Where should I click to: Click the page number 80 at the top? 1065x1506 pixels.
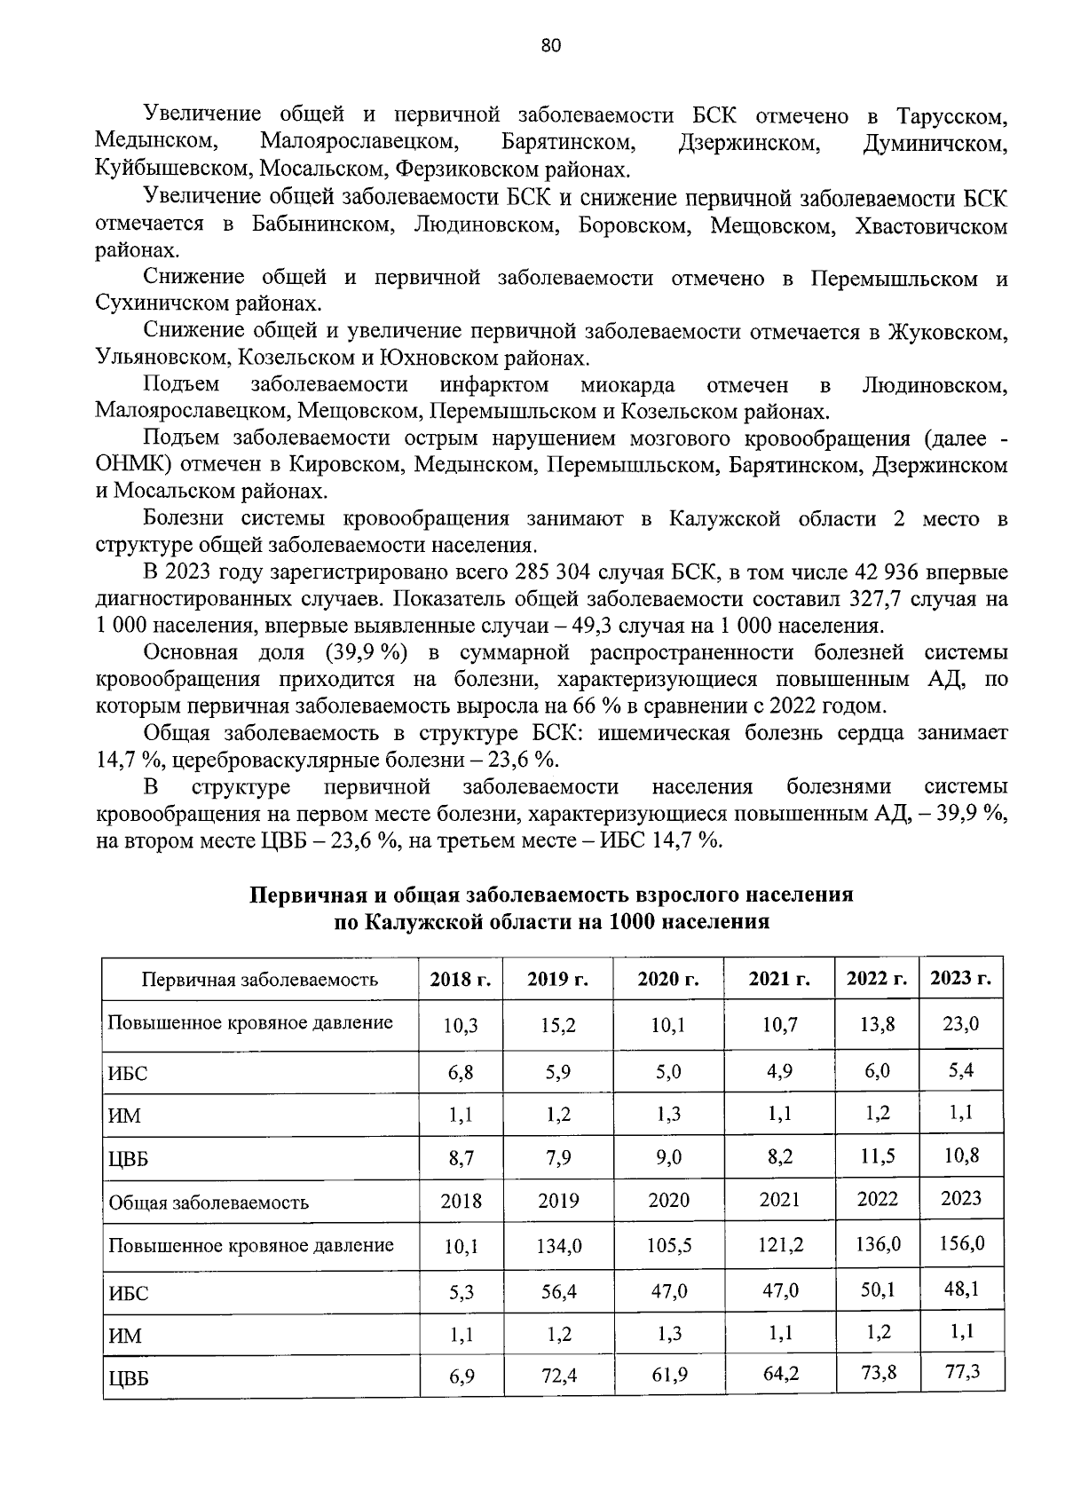(x=550, y=46)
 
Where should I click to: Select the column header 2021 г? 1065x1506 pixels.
(x=779, y=979)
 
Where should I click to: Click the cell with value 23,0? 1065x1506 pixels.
(x=960, y=1023)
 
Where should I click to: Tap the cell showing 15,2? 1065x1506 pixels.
(x=558, y=1025)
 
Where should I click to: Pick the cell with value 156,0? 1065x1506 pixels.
(x=961, y=1243)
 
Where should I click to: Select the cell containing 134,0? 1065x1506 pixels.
(x=558, y=1246)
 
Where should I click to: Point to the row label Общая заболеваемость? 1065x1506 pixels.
(x=209, y=1203)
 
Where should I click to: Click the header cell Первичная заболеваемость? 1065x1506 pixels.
(x=259, y=980)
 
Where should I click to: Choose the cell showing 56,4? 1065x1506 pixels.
(x=558, y=1291)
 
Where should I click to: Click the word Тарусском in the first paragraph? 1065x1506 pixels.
(x=951, y=115)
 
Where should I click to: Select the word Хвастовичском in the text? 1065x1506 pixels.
(x=930, y=225)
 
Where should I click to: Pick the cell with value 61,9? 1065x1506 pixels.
(x=668, y=1376)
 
